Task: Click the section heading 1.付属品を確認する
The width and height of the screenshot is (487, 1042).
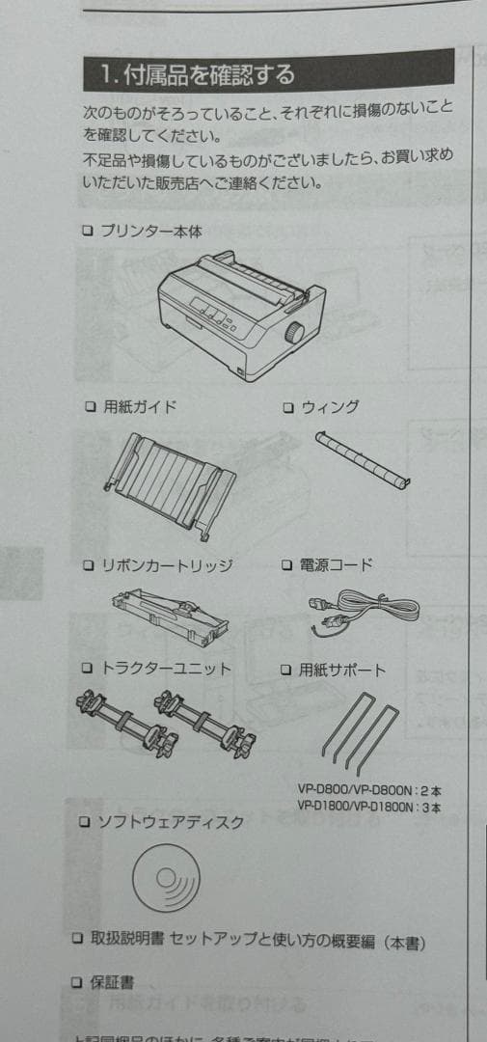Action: [x=198, y=72]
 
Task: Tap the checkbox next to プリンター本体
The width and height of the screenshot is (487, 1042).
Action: [x=87, y=231]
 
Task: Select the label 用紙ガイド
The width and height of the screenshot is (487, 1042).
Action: [x=140, y=406]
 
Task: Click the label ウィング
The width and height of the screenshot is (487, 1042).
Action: [x=329, y=407]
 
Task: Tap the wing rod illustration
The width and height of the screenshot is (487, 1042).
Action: [x=361, y=456]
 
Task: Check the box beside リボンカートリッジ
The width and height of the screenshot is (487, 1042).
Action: [x=87, y=565]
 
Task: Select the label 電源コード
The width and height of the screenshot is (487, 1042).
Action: [x=338, y=564]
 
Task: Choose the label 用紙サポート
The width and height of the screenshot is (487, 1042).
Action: [x=341, y=669]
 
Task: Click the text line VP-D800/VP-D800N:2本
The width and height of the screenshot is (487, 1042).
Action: [x=368, y=789]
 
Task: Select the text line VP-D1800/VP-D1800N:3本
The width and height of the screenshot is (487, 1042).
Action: [x=368, y=807]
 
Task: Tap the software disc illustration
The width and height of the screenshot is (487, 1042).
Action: [x=166, y=877]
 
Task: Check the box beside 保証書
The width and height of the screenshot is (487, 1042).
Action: [x=77, y=982]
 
